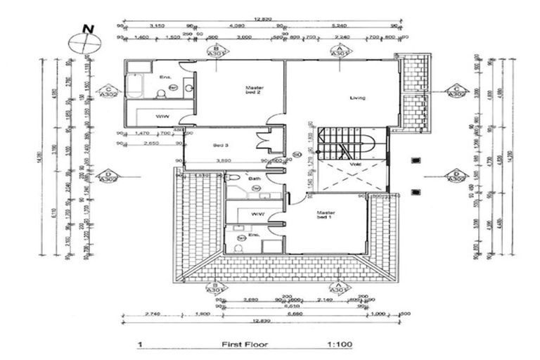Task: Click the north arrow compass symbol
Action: (84, 41)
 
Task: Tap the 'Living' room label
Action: (358, 98)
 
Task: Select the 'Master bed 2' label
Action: (254, 90)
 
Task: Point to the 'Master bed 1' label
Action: (326, 214)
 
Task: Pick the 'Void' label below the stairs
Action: (354, 165)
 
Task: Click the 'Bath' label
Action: (255, 179)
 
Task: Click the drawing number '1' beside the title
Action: (141, 345)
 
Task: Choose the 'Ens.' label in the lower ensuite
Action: (255, 234)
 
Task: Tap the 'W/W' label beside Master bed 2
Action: (162, 116)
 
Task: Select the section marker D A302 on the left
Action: (108, 176)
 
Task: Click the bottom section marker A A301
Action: (340, 287)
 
